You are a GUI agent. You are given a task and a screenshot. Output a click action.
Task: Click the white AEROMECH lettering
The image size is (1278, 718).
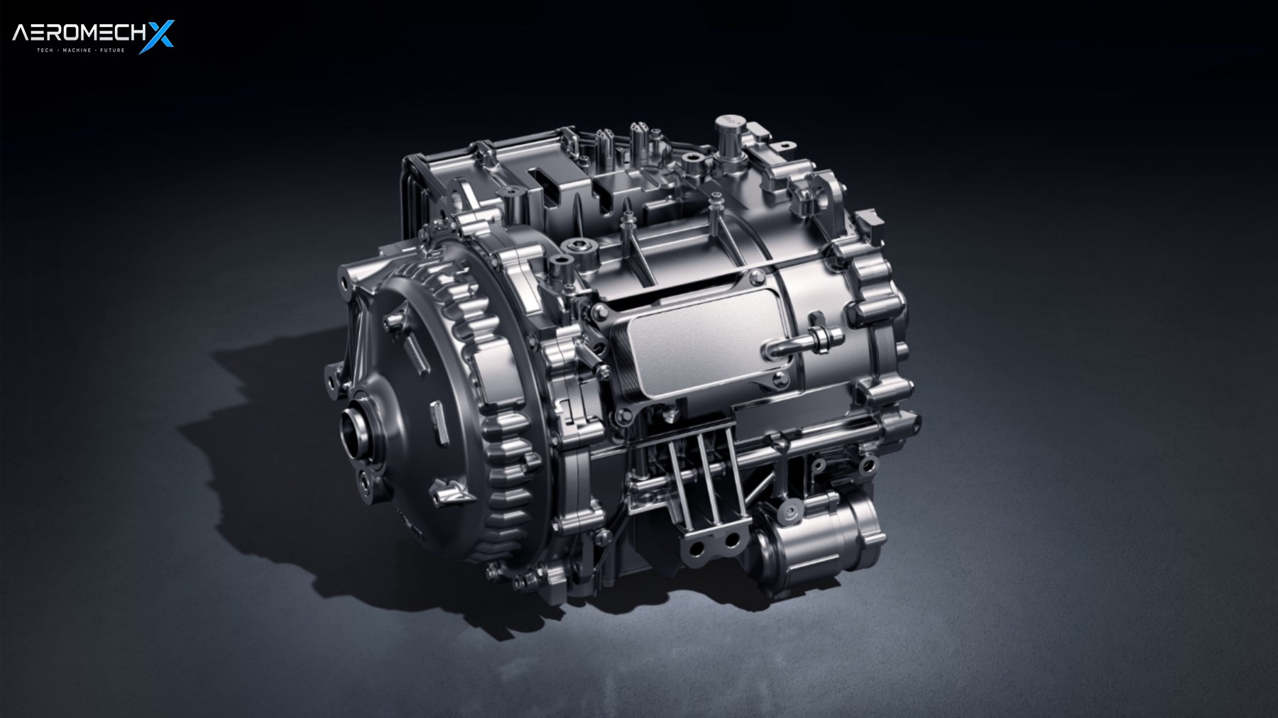point(77,34)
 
